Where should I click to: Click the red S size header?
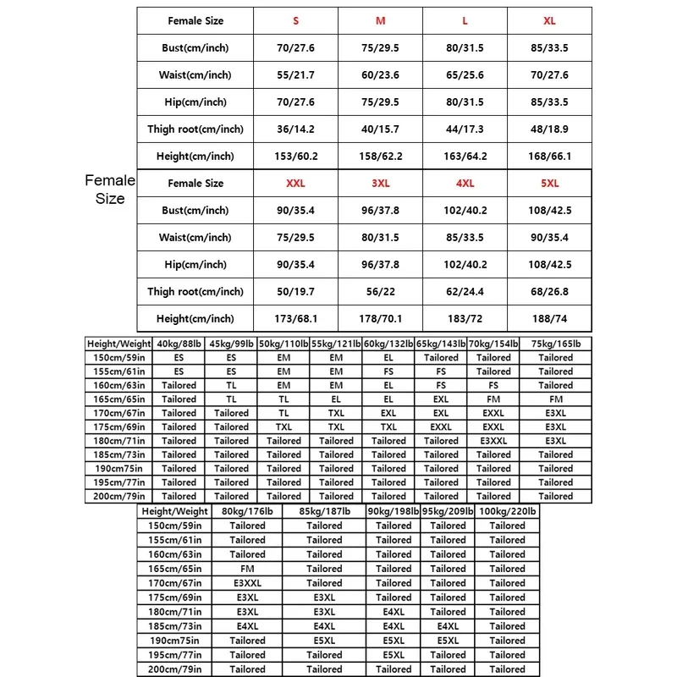point(296,20)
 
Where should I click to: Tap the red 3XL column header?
point(380,183)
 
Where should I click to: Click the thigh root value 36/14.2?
point(296,129)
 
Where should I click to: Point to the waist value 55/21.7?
point(296,74)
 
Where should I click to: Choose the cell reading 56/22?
point(380,291)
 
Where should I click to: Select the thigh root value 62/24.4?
point(465,291)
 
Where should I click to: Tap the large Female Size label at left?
point(110,190)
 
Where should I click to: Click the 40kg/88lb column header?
point(179,344)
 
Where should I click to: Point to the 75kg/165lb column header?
point(556,344)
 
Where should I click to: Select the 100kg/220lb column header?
point(507,511)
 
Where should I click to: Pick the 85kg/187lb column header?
point(324,511)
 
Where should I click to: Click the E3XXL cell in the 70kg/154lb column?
point(493,441)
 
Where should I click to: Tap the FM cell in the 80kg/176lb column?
point(247,569)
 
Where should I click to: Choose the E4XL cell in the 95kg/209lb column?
point(448,626)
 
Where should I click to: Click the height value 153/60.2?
point(296,156)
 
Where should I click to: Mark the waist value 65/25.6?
point(465,74)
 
